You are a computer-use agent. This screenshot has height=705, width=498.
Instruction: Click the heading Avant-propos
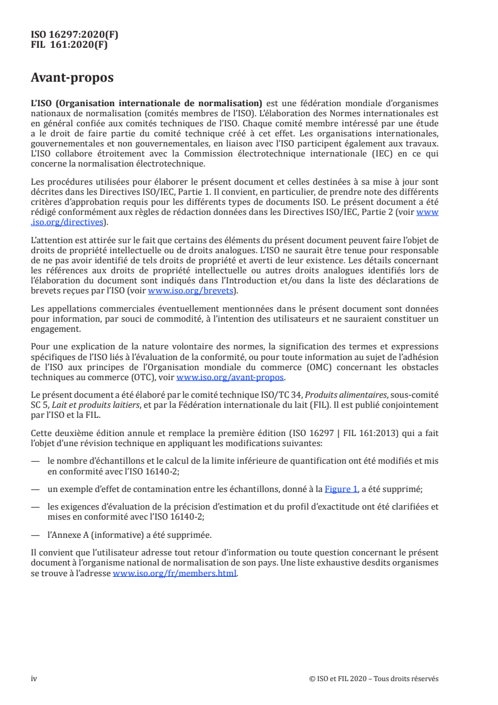point(72,79)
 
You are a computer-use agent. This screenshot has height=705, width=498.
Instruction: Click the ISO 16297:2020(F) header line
point(74,36)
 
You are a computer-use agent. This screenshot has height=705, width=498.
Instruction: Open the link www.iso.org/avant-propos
point(230,378)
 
